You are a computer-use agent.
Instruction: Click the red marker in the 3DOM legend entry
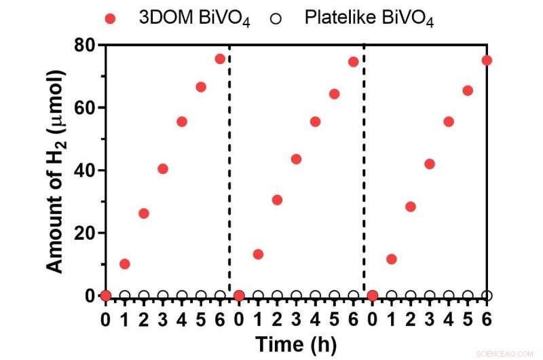click(x=111, y=19)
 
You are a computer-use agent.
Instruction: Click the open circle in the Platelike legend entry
click(x=275, y=19)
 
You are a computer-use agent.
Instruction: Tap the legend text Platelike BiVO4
click(x=369, y=20)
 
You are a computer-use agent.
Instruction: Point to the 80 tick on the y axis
click(x=85, y=46)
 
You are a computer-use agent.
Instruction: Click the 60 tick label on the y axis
click(x=85, y=108)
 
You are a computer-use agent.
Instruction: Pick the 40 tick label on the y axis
click(x=85, y=170)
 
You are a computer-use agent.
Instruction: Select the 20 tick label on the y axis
click(x=85, y=233)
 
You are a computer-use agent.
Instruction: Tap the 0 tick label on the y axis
click(x=90, y=295)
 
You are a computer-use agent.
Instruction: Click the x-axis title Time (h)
click(x=295, y=344)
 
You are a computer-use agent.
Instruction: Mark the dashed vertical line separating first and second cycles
click(x=229, y=170)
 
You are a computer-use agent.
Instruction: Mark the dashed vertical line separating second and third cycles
click(x=364, y=170)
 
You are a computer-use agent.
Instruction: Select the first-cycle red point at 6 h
click(x=220, y=59)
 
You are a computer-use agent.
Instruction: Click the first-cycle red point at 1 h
click(x=124, y=264)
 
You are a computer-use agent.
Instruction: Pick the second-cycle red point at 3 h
click(x=296, y=159)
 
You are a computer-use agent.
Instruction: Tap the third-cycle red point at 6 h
click(x=487, y=60)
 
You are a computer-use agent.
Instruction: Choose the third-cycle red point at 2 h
click(x=410, y=206)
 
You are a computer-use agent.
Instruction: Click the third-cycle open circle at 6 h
click(x=487, y=295)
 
